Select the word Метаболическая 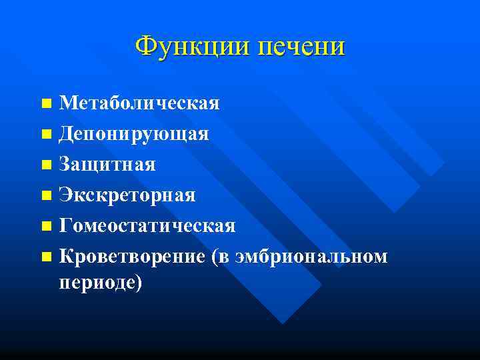139,103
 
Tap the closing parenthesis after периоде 139,283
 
